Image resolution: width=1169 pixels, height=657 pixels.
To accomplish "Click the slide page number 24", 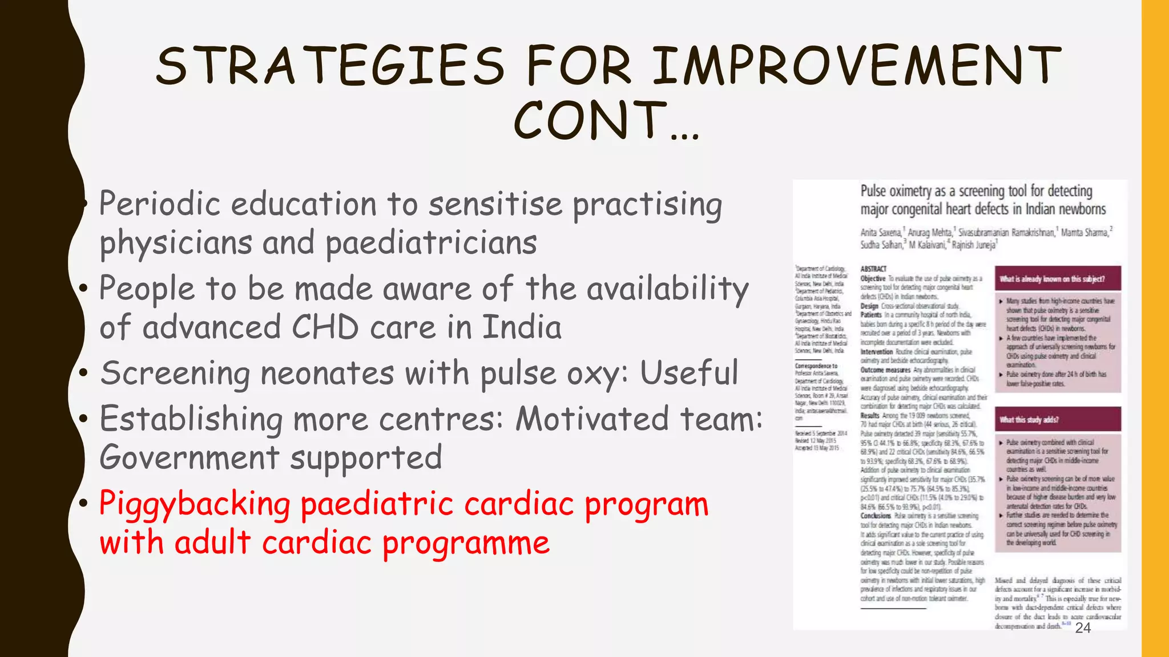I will click(1083, 628).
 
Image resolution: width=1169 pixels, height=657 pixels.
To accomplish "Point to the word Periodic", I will click(160, 204).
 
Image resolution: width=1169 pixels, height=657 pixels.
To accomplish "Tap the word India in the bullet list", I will click(522, 327).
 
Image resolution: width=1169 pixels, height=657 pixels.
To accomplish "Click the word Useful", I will click(689, 373).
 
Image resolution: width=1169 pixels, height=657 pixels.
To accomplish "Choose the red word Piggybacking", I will click(195, 505).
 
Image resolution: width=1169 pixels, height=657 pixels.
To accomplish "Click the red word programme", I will click(466, 543).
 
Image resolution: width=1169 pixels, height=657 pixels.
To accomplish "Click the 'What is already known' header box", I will click(1058, 279).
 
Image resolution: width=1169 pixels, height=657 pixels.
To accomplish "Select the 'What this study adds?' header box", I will click(1058, 420).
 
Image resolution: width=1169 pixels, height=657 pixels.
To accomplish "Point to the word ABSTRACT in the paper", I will click(873, 269).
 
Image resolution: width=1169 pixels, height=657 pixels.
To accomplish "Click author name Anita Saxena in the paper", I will click(881, 232).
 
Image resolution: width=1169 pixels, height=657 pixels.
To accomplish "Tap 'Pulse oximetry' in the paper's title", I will click(896, 191).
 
